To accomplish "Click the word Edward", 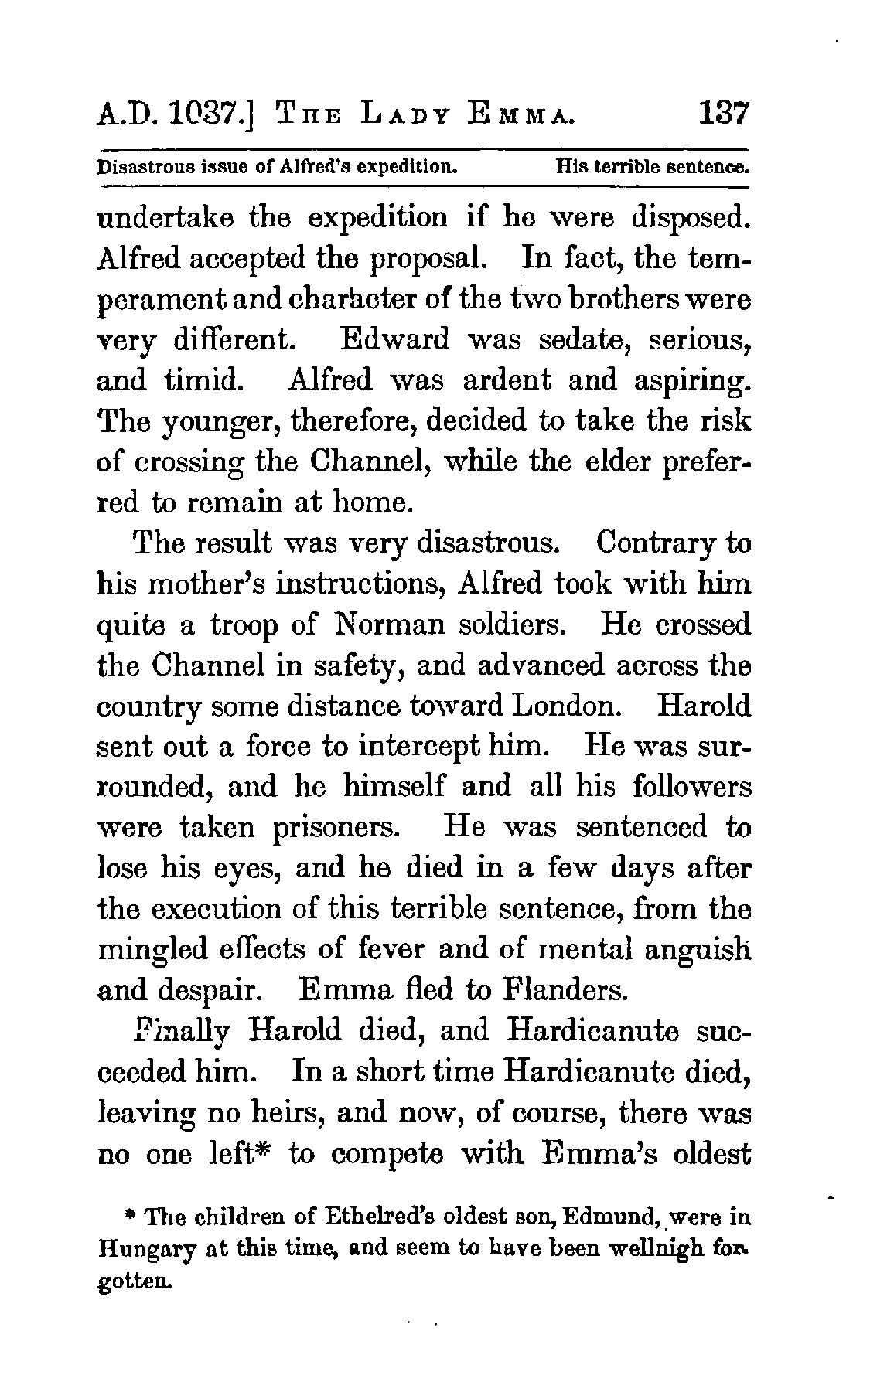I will click(395, 339).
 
